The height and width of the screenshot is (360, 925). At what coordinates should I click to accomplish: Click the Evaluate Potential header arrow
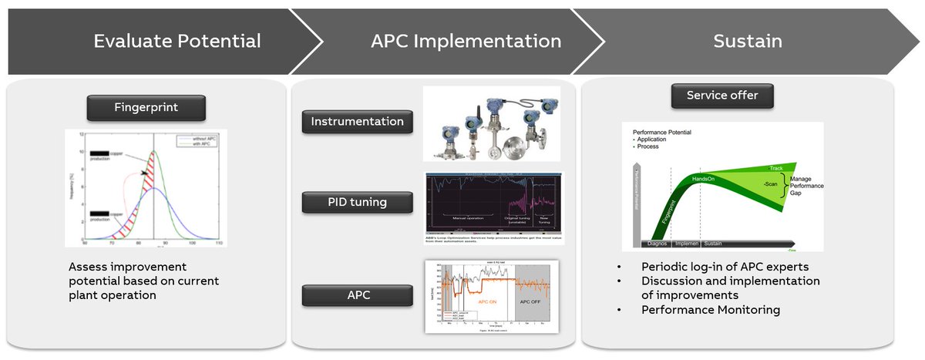[177, 41]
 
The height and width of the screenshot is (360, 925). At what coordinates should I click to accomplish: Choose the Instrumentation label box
[357, 122]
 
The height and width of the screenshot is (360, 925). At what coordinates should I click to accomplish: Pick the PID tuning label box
[357, 203]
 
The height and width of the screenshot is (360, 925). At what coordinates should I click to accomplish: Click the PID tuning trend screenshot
[494, 207]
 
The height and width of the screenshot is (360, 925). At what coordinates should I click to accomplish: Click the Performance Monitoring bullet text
[711, 310]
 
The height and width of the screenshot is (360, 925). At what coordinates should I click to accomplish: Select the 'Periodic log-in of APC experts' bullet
[724, 267]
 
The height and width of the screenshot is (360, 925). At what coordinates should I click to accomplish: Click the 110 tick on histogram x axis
[219, 243]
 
